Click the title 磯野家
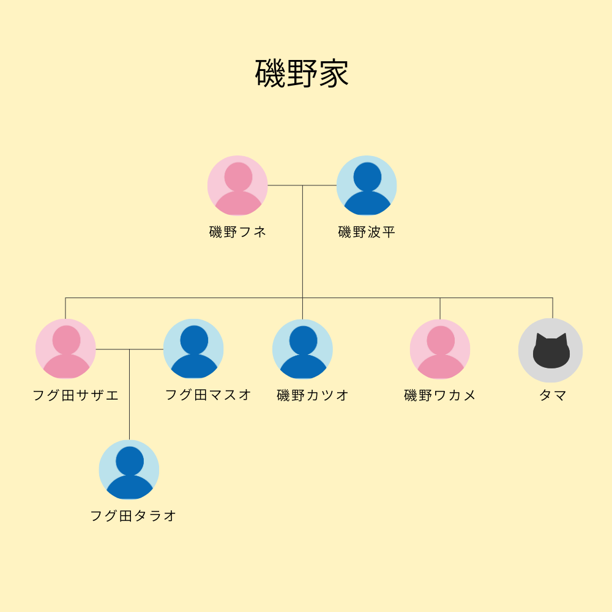[302, 74]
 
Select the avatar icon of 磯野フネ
[237, 185]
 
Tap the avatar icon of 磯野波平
[367, 185]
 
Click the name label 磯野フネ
[237, 233]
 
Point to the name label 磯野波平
[367, 233]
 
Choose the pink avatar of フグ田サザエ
[65, 349]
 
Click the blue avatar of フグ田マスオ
[193, 349]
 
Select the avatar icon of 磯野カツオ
[302, 349]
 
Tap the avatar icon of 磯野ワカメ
[440, 349]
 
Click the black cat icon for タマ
[551, 351]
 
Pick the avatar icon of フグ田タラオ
[129, 470]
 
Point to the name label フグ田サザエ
[75, 395]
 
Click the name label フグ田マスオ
[208, 395]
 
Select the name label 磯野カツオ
[313, 395]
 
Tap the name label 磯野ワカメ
[440, 395]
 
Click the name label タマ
[553, 395]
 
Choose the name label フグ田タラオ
[133, 516]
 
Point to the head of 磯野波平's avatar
[367, 176]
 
